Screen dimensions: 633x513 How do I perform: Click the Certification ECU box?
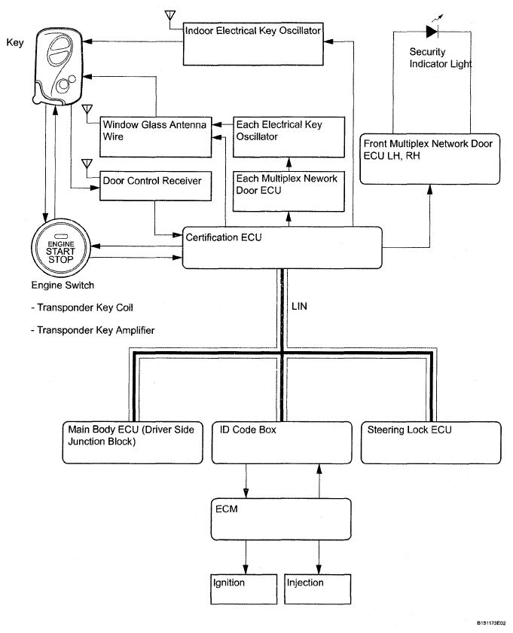(x=282, y=247)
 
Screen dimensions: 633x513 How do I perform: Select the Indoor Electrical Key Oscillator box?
(x=259, y=42)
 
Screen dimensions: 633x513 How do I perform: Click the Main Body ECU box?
(x=132, y=441)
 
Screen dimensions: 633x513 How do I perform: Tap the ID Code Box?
(x=280, y=441)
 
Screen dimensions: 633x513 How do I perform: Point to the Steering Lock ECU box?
(x=430, y=441)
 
